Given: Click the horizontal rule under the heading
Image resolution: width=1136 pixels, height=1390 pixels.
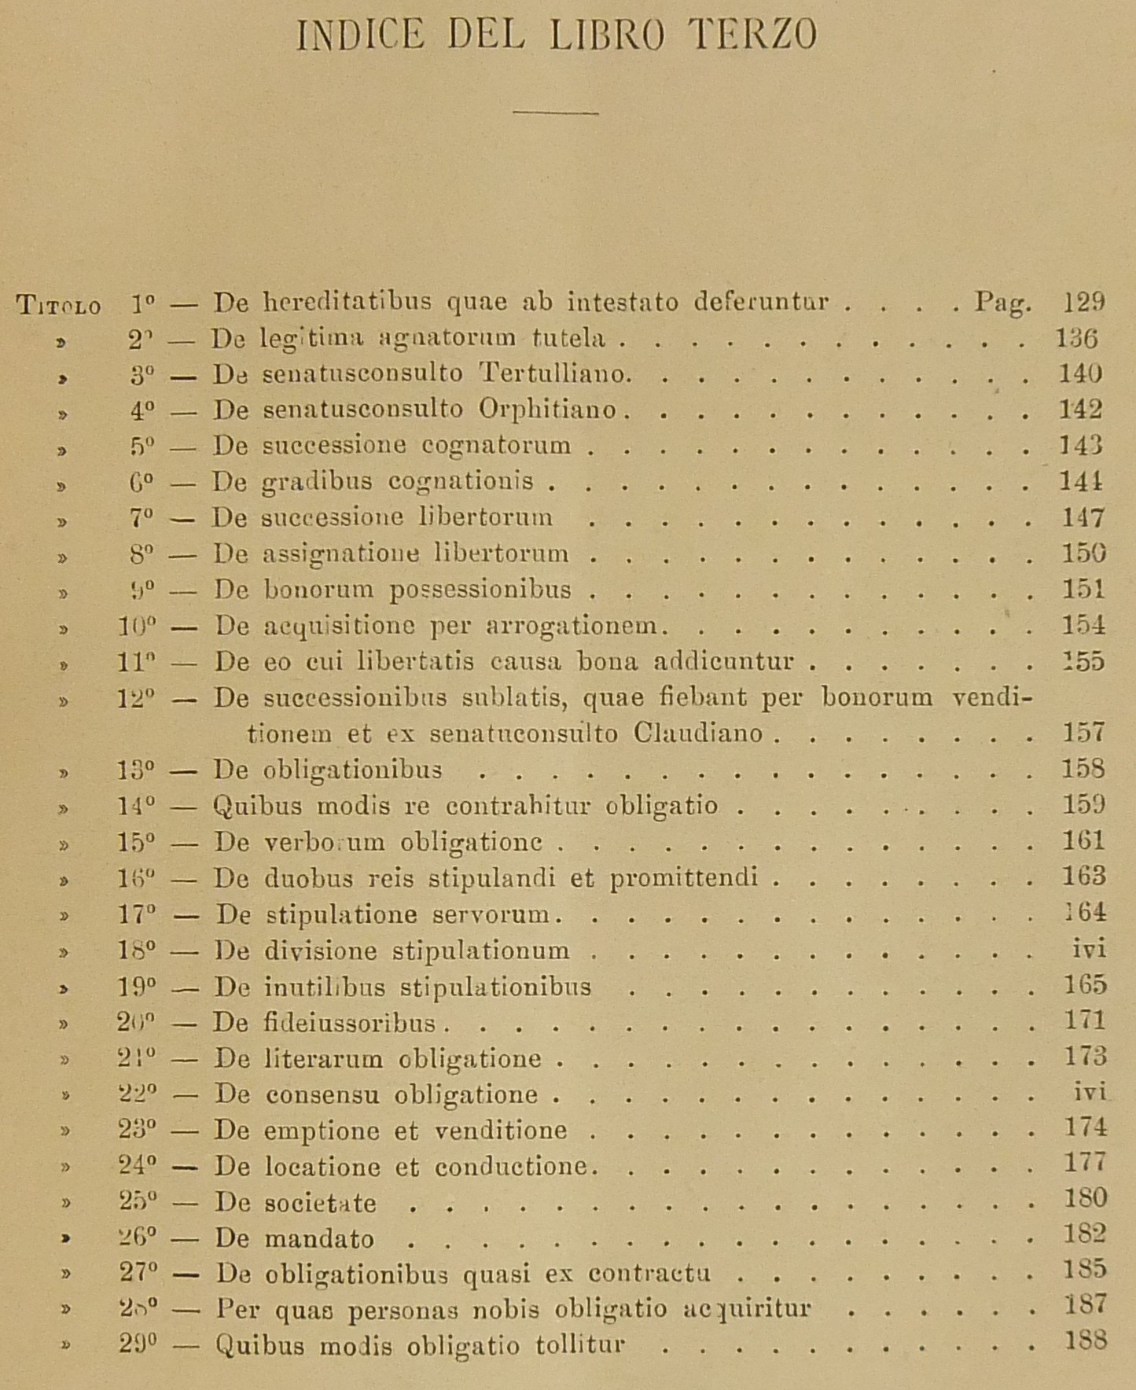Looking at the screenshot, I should tap(555, 113).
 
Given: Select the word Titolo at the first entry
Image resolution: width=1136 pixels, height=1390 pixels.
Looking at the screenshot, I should tap(59, 306).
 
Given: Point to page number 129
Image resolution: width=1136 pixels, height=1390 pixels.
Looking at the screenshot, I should tap(1083, 301).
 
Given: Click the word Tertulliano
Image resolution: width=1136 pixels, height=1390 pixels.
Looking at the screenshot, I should tap(555, 373).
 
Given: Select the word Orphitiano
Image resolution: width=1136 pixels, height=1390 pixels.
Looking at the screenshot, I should tap(548, 410).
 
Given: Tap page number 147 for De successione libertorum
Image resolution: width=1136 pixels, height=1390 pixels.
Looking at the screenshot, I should tap(1083, 518).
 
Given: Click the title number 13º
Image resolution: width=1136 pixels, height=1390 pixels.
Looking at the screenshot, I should tap(137, 770).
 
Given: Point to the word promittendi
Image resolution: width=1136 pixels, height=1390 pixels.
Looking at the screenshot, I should tap(684, 877).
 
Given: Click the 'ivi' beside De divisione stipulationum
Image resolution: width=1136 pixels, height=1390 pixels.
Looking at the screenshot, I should tap(1089, 950).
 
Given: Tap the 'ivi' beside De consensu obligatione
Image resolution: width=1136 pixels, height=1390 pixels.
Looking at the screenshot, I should tap(1090, 1093).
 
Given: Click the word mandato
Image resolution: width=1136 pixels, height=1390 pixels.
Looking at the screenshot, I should tap(319, 1240).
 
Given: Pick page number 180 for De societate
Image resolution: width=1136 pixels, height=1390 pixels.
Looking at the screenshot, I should tap(1084, 1198).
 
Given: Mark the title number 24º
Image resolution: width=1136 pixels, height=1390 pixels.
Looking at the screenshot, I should tap(137, 1165).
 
